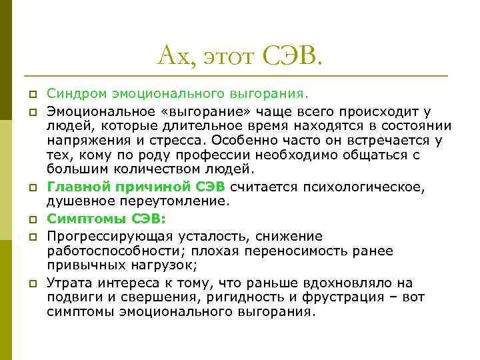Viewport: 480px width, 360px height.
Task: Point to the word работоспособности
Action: point(120,251)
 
